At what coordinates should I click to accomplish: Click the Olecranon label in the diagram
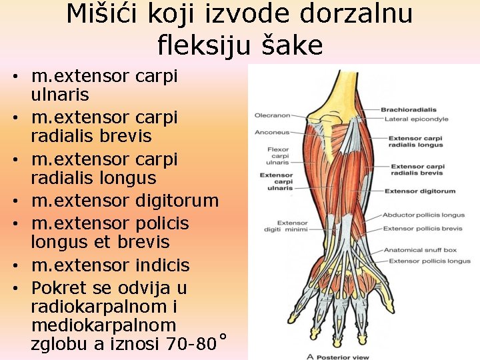coord(272,116)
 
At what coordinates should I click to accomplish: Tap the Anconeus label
coord(272,132)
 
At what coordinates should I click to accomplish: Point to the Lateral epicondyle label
coord(417,119)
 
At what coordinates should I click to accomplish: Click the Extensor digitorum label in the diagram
coord(420,191)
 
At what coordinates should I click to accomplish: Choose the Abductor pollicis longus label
coord(423,215)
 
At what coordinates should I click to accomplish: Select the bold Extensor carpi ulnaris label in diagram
coord(276,181)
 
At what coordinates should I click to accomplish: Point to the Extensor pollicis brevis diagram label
coord(423,229)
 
